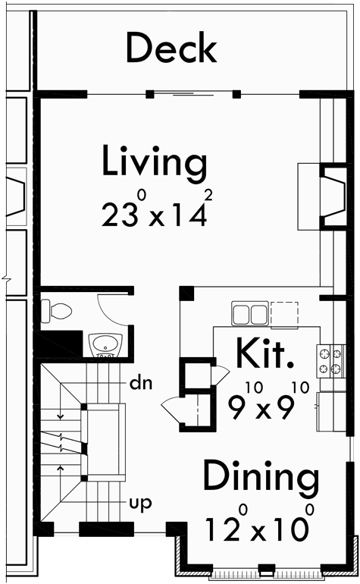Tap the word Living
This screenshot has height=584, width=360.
(x=155, y=163)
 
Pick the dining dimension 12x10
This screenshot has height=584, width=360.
(x=258, y=527)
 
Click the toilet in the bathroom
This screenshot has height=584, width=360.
(x=58, y=309)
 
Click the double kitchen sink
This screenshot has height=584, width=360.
(x=249, y=313)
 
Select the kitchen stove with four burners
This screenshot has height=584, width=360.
(x=330, y=361)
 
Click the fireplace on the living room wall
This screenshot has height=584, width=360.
(x=331, y=196)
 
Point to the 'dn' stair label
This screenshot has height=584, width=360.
(x=142, y=383)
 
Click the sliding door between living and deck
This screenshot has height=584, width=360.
(x=193, y=95)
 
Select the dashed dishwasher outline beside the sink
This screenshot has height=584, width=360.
(x=284, y=313)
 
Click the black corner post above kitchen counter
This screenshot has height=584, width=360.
(x=186, y=293)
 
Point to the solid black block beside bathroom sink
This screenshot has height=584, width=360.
(x=60, y=345)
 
